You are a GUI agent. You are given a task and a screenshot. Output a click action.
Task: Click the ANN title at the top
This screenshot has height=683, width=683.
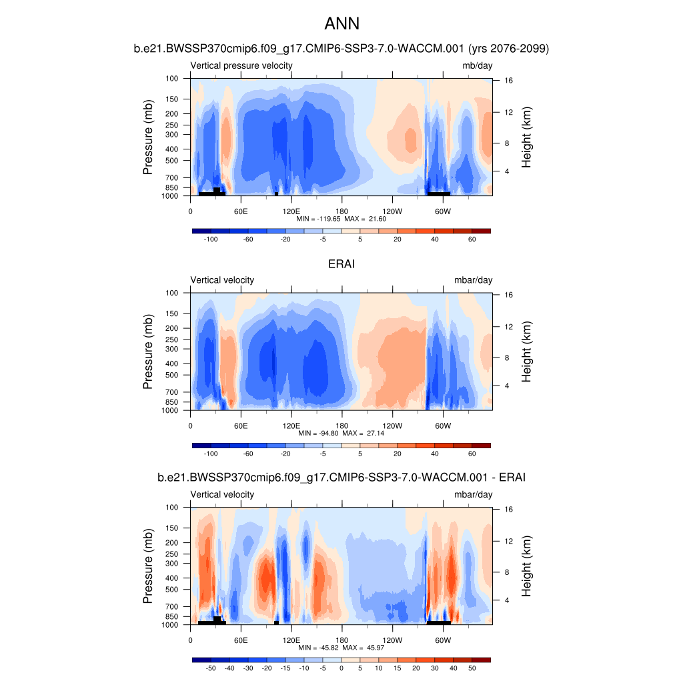tap(341, 24)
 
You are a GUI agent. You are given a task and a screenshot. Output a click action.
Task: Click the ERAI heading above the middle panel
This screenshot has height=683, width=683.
tap(341, 264)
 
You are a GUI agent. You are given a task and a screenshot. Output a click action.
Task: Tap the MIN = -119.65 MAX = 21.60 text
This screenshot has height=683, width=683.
tap(341, 219)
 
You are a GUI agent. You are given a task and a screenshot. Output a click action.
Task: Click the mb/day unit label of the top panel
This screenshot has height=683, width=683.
tap(477, 65)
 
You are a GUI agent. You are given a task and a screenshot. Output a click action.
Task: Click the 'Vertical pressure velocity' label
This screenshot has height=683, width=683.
tap(241, 65)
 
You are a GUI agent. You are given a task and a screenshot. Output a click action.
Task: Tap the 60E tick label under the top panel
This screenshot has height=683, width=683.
tap(241, 211)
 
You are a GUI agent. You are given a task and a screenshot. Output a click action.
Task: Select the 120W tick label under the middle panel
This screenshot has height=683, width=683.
tap(392, 426)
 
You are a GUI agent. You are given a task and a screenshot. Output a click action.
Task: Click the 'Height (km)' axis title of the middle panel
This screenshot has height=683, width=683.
tap(527, 352)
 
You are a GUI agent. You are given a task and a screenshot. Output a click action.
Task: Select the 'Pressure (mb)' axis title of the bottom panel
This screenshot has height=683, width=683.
tap(149, 567)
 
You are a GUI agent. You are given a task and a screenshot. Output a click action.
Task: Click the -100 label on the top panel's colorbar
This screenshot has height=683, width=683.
tap(211, 239)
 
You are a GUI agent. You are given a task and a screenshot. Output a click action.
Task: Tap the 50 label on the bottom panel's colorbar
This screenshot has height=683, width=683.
tap(472, 668)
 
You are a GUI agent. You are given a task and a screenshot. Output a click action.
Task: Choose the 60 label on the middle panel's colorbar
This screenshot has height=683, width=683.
tap(472, 454)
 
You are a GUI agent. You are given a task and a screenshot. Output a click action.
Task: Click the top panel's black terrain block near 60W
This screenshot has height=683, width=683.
tap(439, 193)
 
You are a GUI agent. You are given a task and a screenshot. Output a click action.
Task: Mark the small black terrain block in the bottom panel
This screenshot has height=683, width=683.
tap(276, 623)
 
